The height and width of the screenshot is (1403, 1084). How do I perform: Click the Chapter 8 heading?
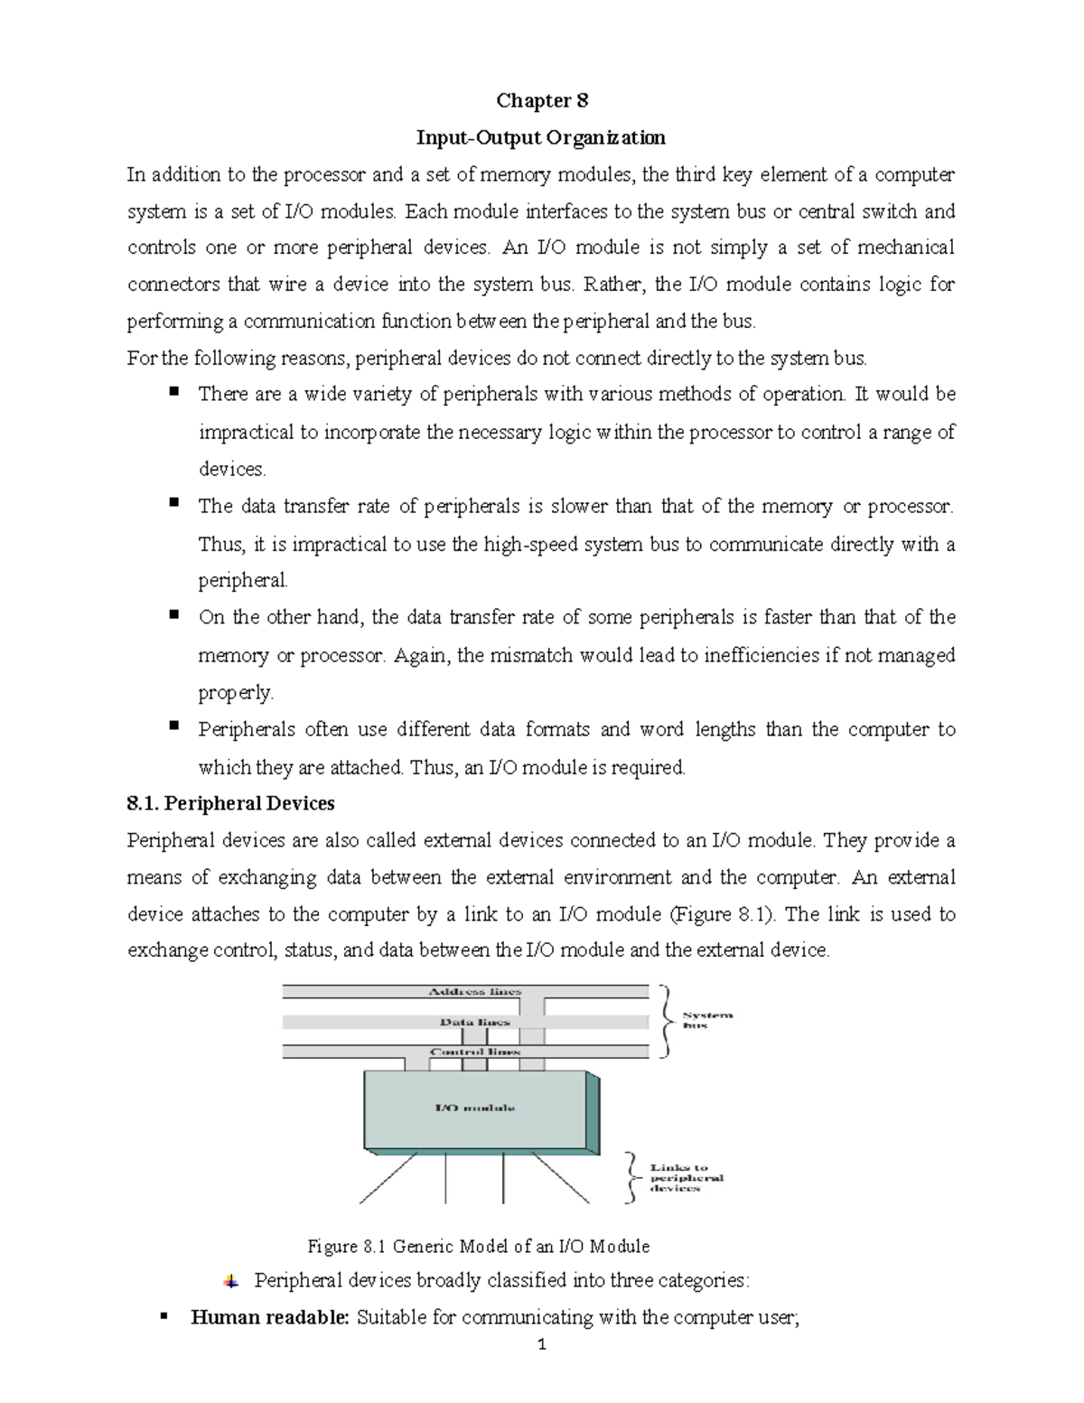point(542,100)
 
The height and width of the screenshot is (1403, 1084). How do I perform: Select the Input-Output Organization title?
point(540,137)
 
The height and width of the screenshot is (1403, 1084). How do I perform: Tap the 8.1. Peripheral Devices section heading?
point(230,803)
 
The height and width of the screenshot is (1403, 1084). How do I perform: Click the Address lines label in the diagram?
point(475,991)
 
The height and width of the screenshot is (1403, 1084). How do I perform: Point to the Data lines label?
point(475,1022)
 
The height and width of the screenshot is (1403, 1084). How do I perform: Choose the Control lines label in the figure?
point(475,1052)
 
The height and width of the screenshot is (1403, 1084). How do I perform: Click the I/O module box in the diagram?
point(475,1108)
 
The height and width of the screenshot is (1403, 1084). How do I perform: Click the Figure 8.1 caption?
point(479,1247)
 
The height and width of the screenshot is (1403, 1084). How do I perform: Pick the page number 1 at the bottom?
point(541,1370)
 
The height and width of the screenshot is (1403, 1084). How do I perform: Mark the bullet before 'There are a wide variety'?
point(174,391)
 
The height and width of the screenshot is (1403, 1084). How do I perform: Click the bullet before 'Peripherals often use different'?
point(174,726)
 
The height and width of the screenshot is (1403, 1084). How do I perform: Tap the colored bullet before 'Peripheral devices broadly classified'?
point(232,1281)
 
